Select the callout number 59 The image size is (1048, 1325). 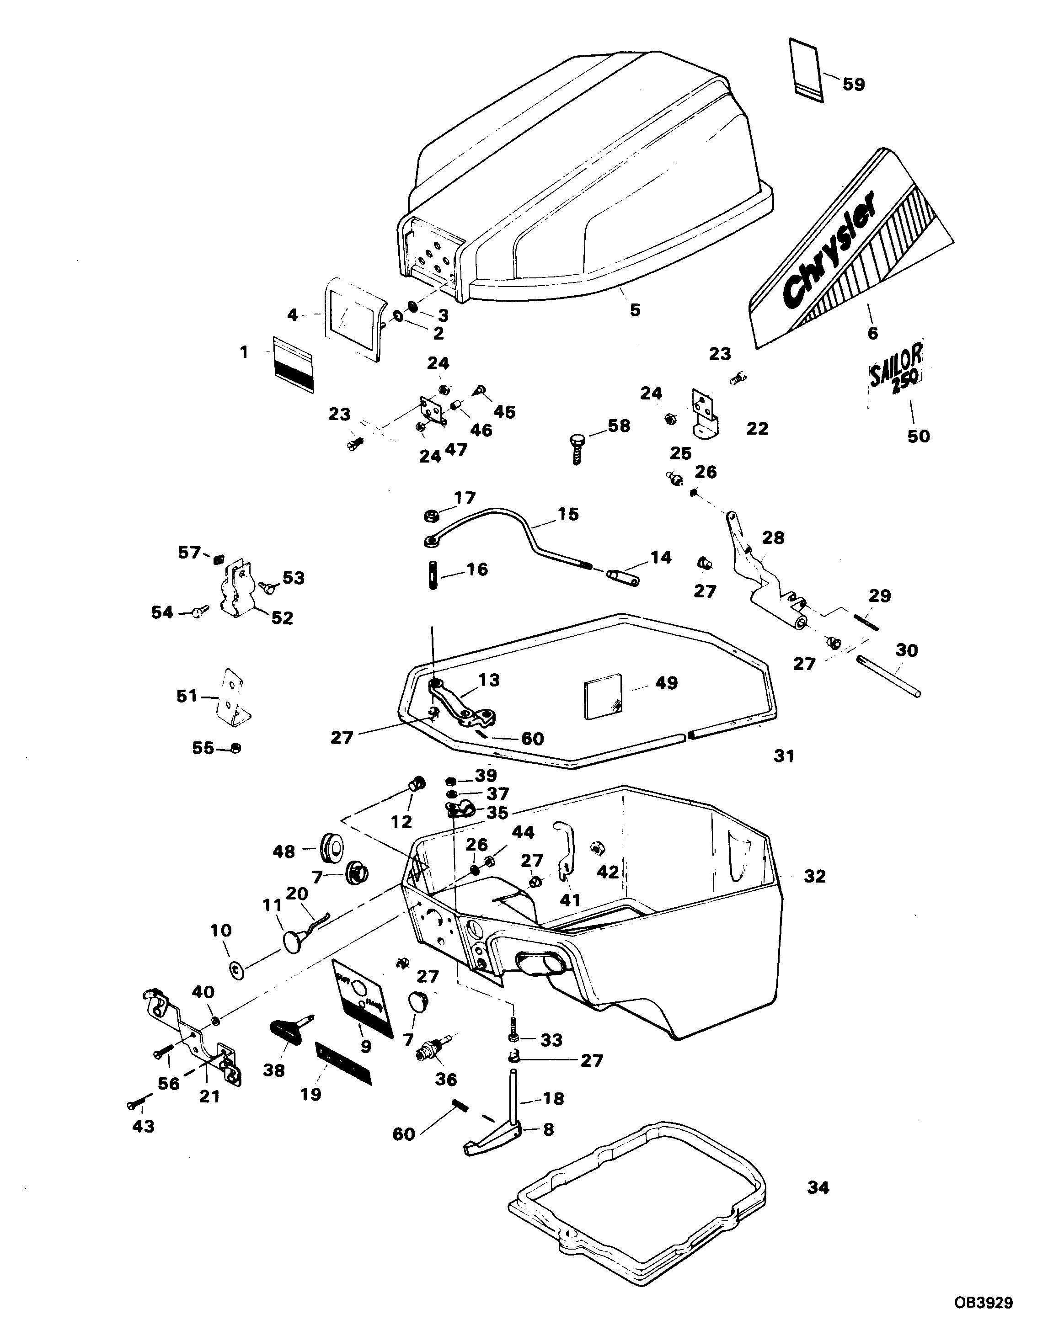[853, 84]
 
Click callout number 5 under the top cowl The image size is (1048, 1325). [635, 310]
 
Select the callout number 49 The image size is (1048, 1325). [667, 683]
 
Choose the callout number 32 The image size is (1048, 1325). [815, 877]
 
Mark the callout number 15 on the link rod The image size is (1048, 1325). [568, 514]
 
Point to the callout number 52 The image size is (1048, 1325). [282, 618]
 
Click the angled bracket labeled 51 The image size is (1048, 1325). [233, 696]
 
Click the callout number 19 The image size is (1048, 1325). [311, 1094]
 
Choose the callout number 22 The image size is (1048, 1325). [757, 428]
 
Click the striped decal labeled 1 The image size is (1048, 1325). [293, 363]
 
